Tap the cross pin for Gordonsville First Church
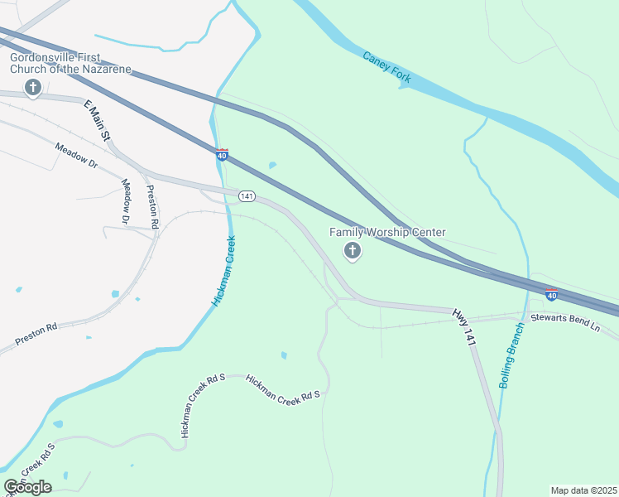pos(33,88)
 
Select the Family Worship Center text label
pos(387,233)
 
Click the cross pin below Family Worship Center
pos(353,251)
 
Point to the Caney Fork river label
pos(386,66)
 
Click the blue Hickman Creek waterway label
pos(225,271)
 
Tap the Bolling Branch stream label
pos(512,355)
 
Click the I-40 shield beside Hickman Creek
pos(222,155)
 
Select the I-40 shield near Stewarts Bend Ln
pos(551,294)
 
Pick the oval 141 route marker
pos(247,196)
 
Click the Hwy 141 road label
pos(464,326)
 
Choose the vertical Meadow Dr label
pos(126,201)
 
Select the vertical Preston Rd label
pos(152,206)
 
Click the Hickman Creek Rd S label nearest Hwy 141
pos(282,388)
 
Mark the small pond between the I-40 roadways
pos(272,165)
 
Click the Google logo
pos(27,487)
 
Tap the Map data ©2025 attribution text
pos(583,490)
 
